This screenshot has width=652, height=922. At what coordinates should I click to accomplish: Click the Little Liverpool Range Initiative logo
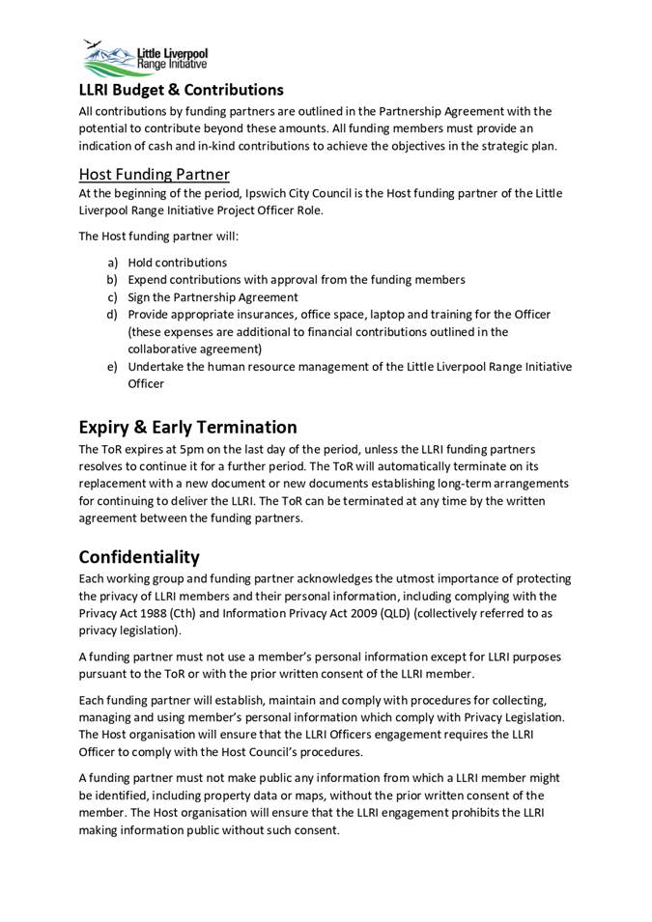click(146, 58)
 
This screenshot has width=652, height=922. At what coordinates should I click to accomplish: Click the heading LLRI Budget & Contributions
click(181, 90)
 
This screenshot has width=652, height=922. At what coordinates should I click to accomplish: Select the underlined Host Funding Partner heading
click(154, 174)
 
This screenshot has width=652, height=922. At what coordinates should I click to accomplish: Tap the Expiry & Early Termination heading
click(187, 427)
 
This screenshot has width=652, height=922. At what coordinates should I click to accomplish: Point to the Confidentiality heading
click(139, 557)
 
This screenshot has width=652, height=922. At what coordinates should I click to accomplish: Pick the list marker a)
click(113, 263)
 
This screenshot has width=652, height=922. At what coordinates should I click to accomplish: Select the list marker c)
click(113, 297)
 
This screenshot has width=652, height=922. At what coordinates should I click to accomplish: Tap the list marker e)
click(113, 367)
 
